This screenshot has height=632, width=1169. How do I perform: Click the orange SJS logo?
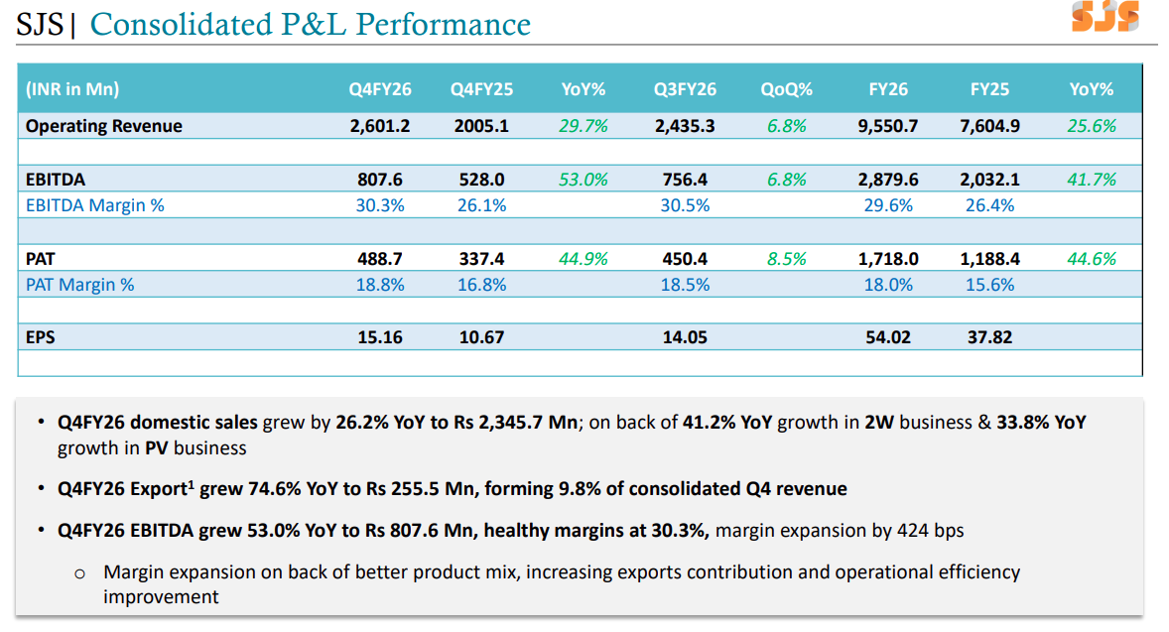[x=1104, y=17]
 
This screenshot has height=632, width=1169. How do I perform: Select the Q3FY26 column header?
[x=685, y=89]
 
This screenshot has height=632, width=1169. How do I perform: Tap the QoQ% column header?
[x=786, y=89]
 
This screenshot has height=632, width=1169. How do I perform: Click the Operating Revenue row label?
[x=103, y=126]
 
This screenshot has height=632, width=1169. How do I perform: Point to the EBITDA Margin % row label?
[x=94, y=205]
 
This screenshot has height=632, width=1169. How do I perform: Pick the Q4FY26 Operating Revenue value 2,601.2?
[x=379, y=126]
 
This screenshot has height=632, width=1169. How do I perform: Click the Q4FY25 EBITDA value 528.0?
[x=481, y=180]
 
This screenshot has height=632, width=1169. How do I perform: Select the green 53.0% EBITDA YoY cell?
[x=583, y=180]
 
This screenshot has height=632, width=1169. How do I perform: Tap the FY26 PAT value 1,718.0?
[x=888, y=259]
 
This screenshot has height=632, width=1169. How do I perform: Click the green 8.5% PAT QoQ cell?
[x=787, y=259]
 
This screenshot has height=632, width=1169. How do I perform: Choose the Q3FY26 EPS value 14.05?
[x=685, y=337]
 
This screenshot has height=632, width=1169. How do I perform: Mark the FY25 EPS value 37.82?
[x=989, y=337]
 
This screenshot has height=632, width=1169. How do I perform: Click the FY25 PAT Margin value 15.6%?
[x=989, y=285]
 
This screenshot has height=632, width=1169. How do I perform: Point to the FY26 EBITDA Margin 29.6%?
[x=888, y=205]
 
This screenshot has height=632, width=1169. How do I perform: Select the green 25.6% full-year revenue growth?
[x=1092, y=126]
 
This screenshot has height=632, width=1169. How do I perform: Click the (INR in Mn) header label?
[x=72, y=89]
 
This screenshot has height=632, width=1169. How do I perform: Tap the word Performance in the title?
[x=443, y=25]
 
